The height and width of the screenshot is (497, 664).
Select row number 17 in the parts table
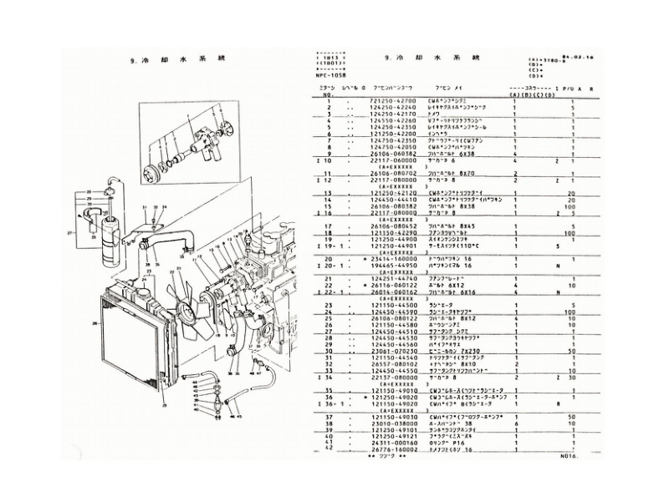coord(329,226)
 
